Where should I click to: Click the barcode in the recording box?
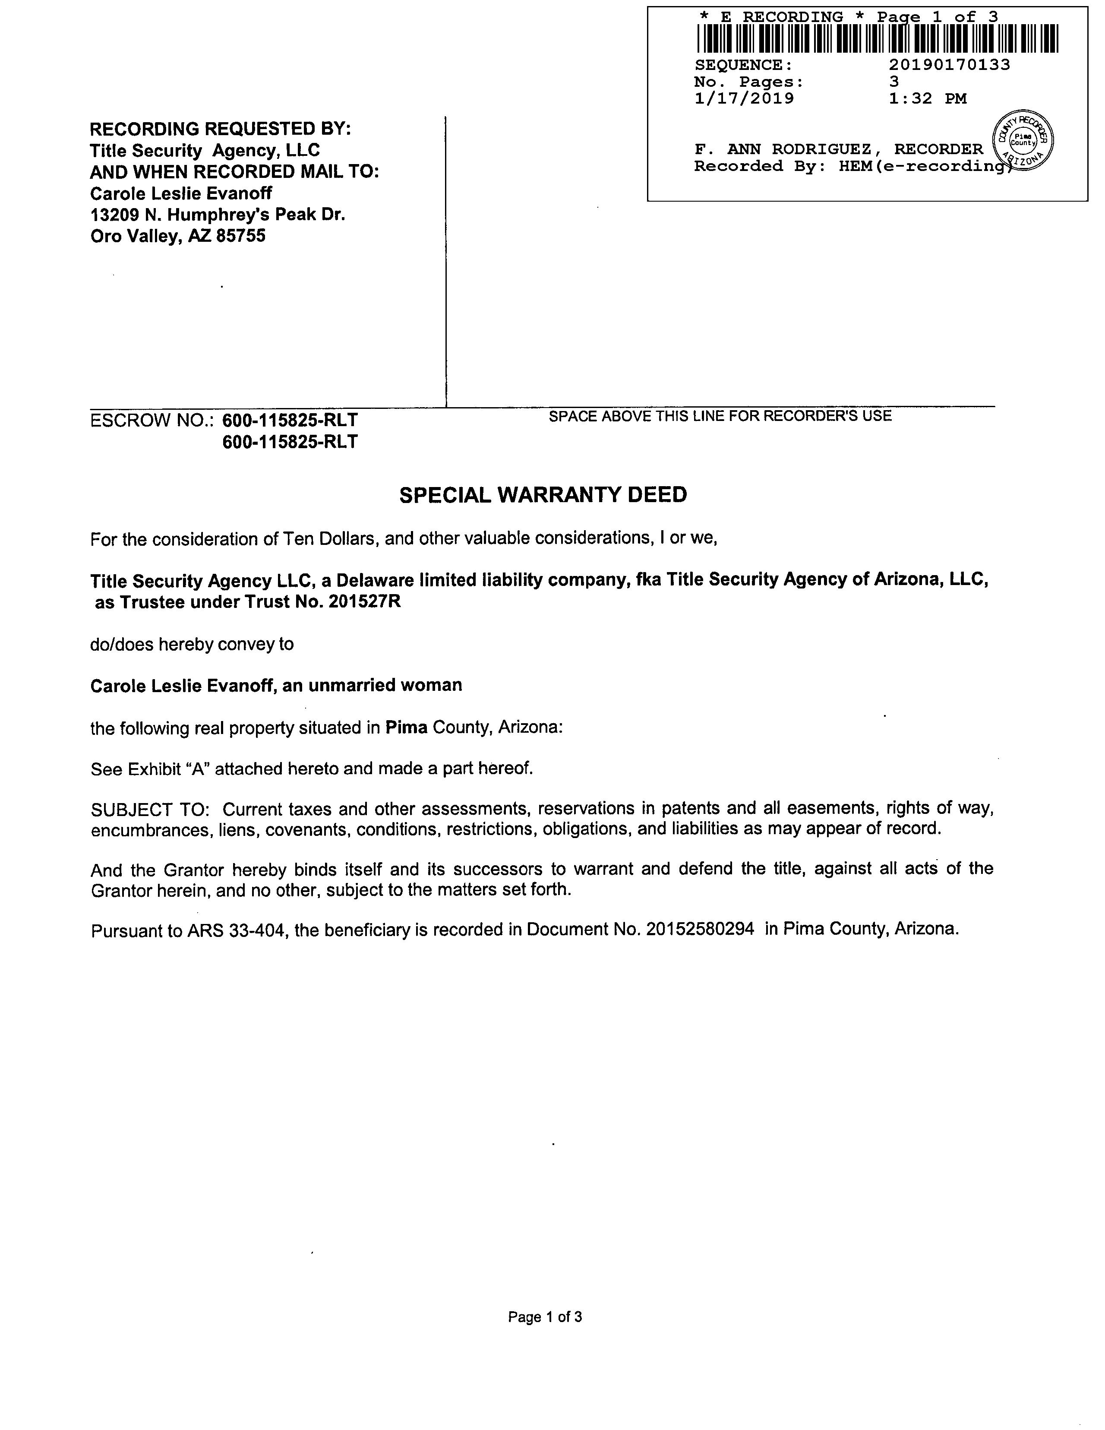877,38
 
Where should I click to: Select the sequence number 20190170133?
949,65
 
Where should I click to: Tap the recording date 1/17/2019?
744,99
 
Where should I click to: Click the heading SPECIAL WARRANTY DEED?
543,495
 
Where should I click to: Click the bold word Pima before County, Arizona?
406,728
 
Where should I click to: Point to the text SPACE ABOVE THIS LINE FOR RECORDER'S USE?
720,416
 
